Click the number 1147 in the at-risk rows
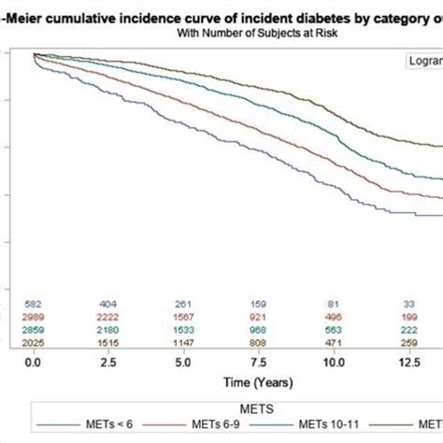pyautogui.click(x=186, y=343)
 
